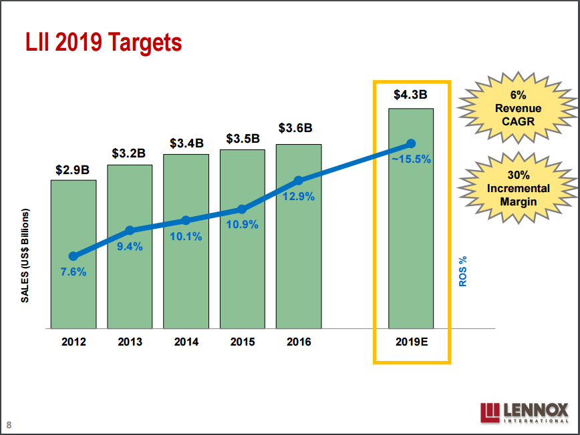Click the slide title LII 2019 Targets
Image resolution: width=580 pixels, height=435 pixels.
[x=104, y=43]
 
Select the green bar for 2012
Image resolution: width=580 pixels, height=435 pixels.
[x=74, y=294]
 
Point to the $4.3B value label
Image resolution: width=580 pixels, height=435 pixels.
[x=411, y=95]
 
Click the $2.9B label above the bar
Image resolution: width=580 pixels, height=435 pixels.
[x=73, y=169]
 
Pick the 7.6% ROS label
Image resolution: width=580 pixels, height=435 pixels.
[x=74, y=272]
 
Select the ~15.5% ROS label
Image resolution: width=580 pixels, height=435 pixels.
[x=411, y=159]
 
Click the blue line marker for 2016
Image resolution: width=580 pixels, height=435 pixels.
[x=299, y=180]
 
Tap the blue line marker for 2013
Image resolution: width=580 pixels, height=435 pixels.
[x=130, y=230]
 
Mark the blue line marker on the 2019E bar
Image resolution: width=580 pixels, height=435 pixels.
[x=411, y=143]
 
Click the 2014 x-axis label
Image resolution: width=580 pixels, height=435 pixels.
[x=186, y=342]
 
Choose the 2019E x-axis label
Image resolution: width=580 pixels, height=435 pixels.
[x=411, y=342]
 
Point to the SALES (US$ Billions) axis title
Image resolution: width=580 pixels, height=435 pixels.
[x=25, y=256]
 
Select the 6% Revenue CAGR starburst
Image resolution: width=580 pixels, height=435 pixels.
[x=518, y=108]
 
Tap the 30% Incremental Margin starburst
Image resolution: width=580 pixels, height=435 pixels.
[x=518, y=188]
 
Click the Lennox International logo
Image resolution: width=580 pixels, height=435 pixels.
[x=524, y=412]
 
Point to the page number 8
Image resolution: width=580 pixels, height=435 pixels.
[x=9, y=425]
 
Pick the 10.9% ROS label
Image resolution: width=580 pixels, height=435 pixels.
[x=242, y=224]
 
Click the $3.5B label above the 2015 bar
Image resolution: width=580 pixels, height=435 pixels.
[x=242, y=139]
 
